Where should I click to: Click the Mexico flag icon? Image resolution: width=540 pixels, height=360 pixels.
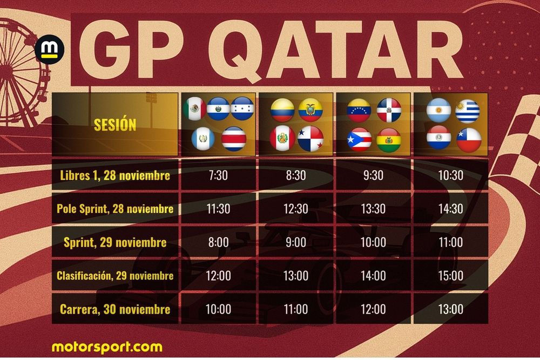[x=194, y=110]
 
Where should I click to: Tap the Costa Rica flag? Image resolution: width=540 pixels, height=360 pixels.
[x=233, y=138]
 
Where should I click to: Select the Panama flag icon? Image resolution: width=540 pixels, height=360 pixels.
[x=310, y=138]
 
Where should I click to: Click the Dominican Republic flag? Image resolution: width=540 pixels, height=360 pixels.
[x=389, y=110]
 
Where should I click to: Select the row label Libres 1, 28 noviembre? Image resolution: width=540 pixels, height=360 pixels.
[x=115, y=175]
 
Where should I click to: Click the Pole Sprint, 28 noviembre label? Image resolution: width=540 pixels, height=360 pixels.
[x=115, y=209]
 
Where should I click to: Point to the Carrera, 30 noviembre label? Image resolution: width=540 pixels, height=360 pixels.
[x=115, y=309]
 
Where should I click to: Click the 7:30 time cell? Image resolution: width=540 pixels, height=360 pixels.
[x=218, y=175]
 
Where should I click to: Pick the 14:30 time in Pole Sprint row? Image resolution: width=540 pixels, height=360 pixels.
[x=450, y=209]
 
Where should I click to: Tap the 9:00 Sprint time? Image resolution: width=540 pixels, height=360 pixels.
[x=296, y=242]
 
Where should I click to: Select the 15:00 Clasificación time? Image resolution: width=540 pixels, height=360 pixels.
[x=450, y=276]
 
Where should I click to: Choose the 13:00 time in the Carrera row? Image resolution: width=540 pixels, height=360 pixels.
[x=450, y=309]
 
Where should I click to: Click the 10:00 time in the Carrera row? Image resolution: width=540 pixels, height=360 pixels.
[x=218, y=309]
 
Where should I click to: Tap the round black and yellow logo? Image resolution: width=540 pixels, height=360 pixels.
[x=50, y=50]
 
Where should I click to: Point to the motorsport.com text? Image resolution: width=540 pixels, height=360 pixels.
[x=107, y=346]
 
